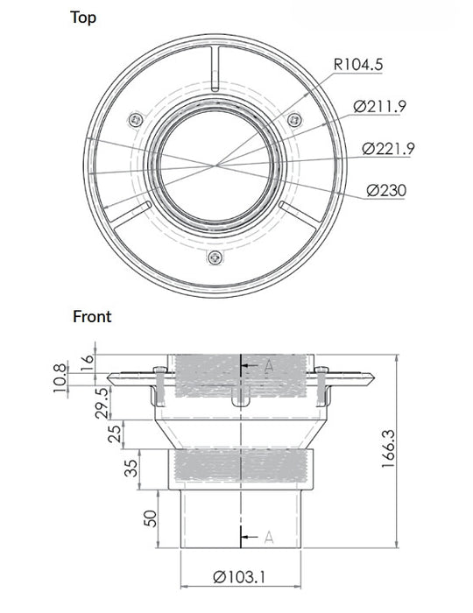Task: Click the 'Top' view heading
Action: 84,18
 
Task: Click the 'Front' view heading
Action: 92,316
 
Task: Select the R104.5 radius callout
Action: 357,64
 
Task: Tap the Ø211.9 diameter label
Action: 380,107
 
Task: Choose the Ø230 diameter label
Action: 386,189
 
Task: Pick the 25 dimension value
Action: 113,433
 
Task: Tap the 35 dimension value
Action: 131,468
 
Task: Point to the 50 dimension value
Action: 151,518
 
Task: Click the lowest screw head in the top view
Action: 215,257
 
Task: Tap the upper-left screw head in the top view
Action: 134,118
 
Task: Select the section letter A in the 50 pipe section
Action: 268,536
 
